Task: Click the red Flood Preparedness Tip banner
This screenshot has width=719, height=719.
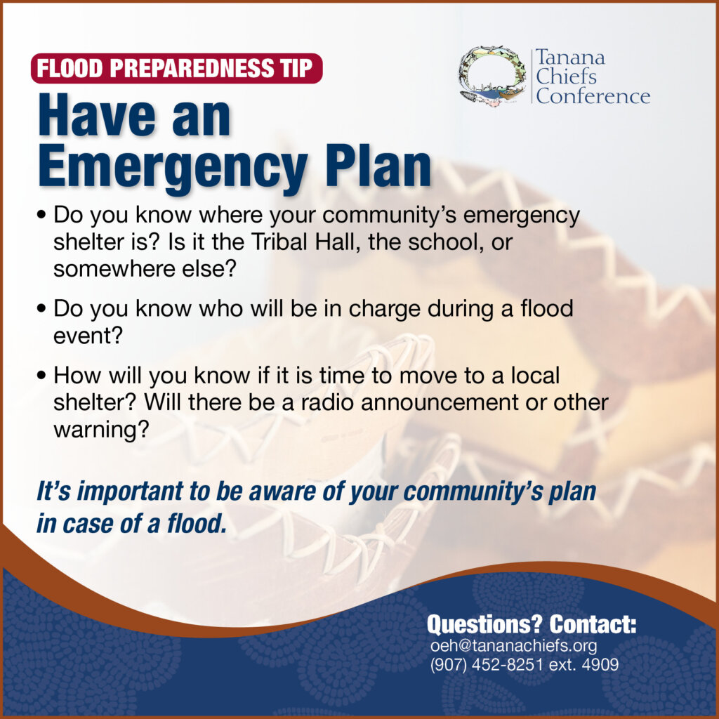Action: click(x=176, y=68)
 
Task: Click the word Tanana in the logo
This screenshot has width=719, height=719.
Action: click(x=570, y=58)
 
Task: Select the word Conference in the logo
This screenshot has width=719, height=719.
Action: click(x=593, y=96)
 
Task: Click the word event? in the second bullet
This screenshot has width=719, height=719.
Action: click(x=88, y=336)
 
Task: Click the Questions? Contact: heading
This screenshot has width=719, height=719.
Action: click(x=532, y=624)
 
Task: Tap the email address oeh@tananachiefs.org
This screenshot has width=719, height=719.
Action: click(x=513, y=646)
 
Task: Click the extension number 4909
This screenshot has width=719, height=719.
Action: click(x=600, y=664)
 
